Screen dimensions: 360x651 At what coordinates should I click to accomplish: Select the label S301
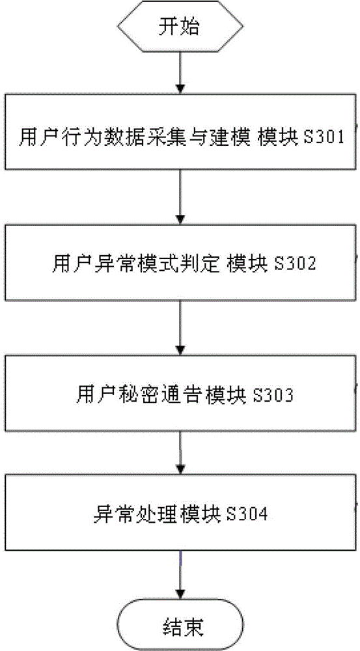329,137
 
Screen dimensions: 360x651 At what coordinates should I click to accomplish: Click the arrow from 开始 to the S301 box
180,74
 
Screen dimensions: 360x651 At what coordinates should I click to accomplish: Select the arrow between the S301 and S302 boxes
180,195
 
